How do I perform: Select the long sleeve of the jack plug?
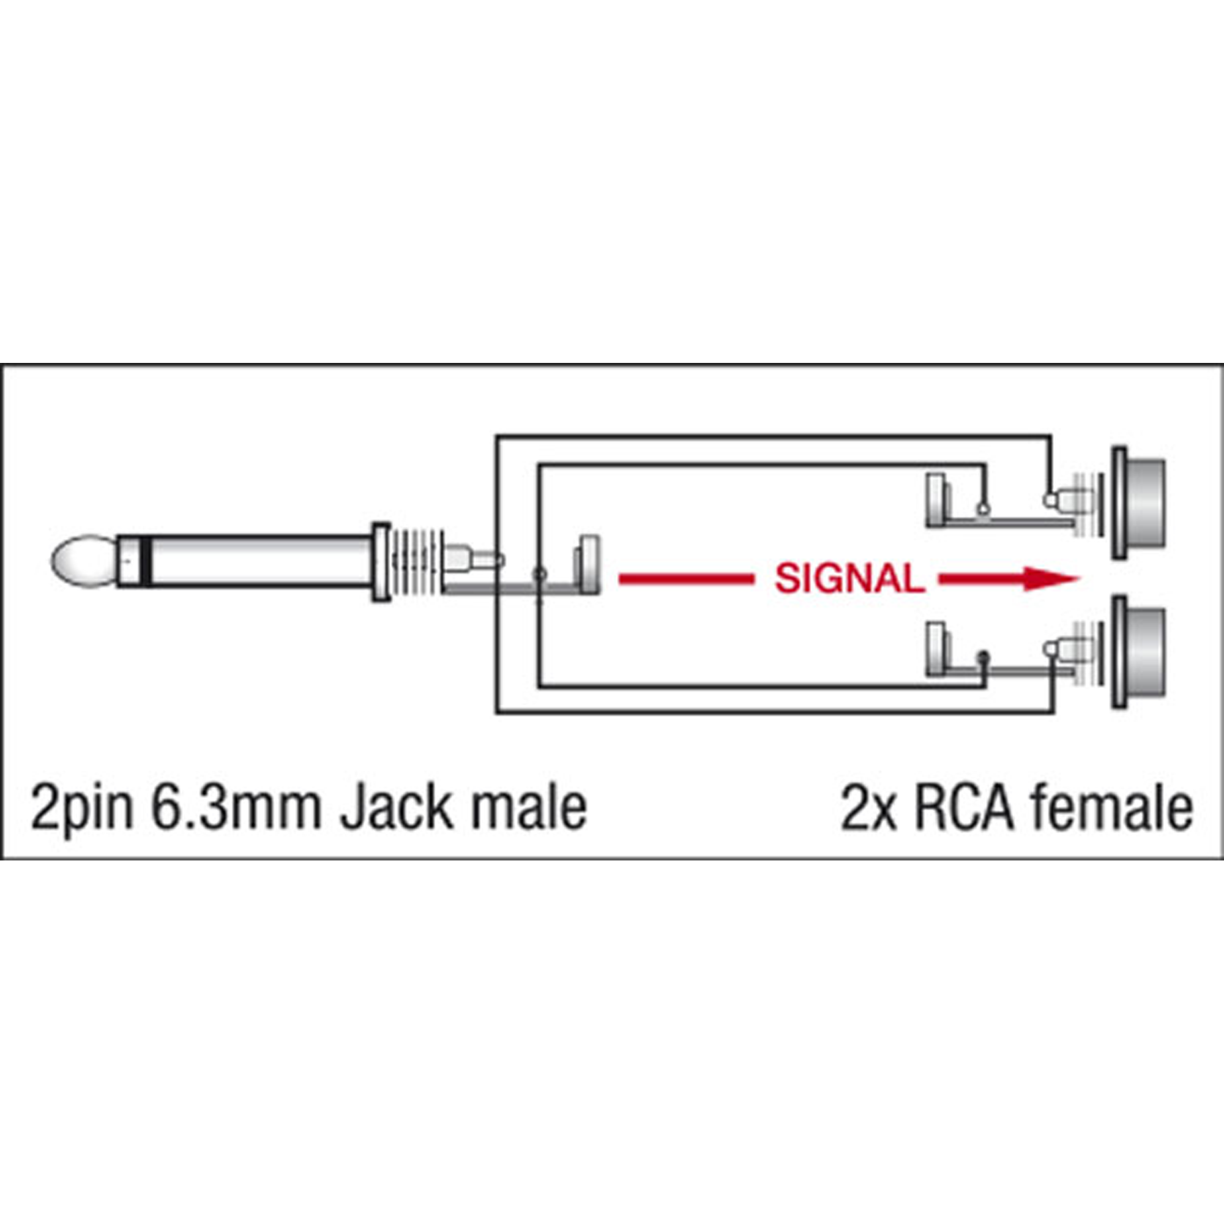coord(259,561)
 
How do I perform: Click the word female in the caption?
coord(1112,808)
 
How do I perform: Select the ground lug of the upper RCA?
coord(936,498)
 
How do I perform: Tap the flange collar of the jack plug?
coord(381,561)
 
